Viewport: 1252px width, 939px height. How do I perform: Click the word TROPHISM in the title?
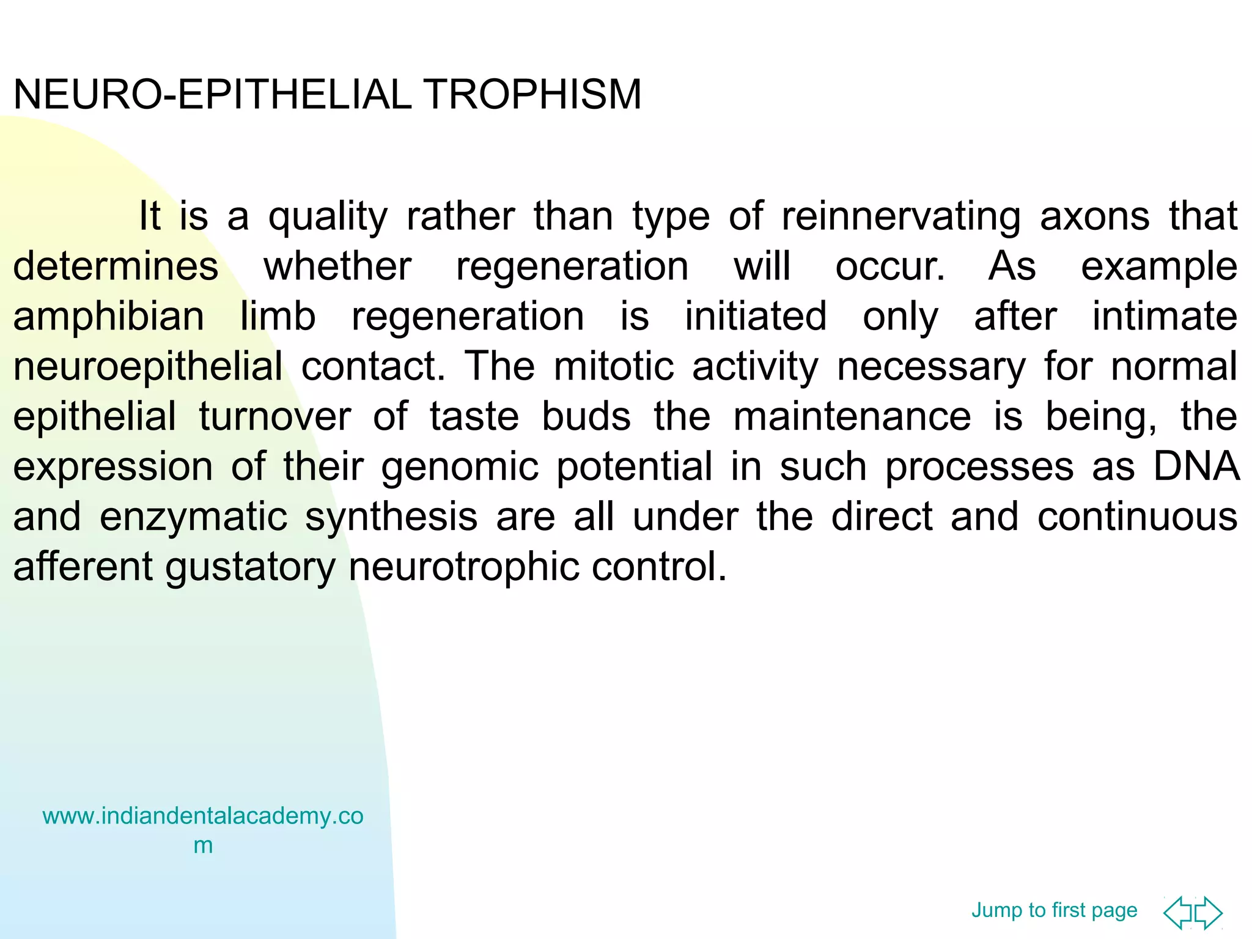[x=532, y=95]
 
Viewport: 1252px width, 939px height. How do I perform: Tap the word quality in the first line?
[x=328, y=217]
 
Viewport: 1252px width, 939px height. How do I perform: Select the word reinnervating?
[x=901, y=217]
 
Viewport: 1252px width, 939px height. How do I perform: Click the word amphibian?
[x=109, y=317]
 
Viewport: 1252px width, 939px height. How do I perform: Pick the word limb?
[x=278, y=317]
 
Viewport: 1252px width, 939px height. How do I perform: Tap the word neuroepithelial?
[x=148, y=367]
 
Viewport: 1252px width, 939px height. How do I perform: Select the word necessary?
[x=931, y=367]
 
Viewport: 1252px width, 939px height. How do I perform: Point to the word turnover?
[x=274, y=418]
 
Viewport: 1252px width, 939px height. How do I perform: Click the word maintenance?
[x=852, y=418]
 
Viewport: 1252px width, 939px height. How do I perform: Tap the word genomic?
[x=460, y=468]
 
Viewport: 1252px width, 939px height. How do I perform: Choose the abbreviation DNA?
[x=1196, y=468]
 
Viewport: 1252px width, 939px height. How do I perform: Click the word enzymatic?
[x=193, y=518]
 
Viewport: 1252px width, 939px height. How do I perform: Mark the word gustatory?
[x=251, y=568]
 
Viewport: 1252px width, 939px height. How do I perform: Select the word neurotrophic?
[x=463, y=568]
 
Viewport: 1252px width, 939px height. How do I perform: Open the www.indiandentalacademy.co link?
[x=203, y=817]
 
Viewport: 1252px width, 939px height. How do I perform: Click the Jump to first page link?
[x=1054, y=910]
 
